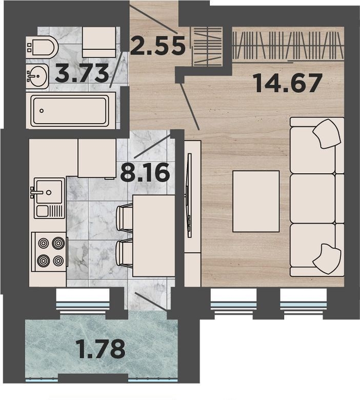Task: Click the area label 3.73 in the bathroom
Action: (x=82, y=73)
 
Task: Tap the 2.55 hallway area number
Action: (x=157, y=46)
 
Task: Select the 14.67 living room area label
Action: (x=288, y=83)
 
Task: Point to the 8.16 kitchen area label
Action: (x=145, y=172)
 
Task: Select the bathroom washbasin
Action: (x=37, y=76)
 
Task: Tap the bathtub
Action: (x=71, y=110)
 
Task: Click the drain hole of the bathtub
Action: (x=42, y=111)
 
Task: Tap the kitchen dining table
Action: (x=154, y=236)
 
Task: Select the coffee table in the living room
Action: (x=256, y=201)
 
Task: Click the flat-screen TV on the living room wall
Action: (x=189, y=195)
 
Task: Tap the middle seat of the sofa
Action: (x=313, y=198)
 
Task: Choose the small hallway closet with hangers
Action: (x=207, y=46)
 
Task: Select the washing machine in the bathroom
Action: (x=99, y=42)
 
